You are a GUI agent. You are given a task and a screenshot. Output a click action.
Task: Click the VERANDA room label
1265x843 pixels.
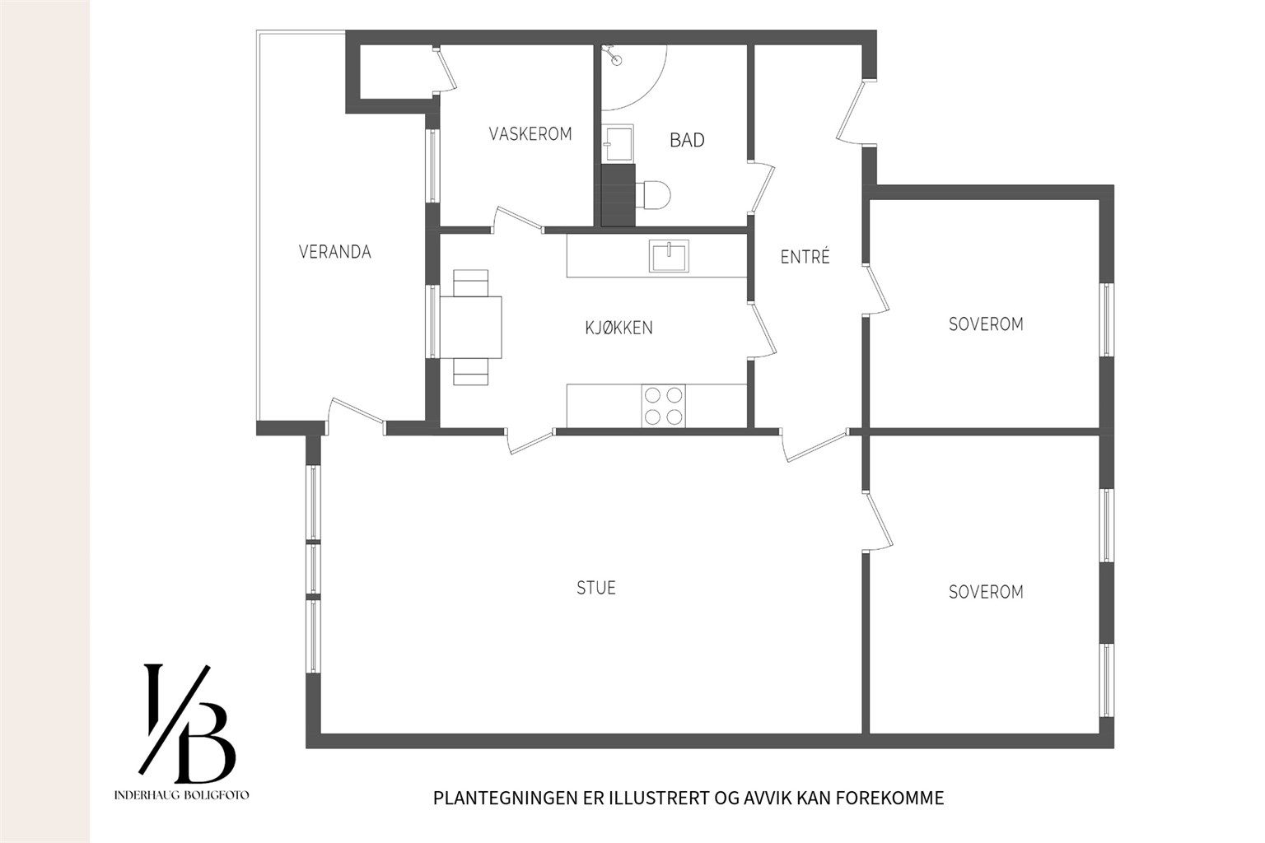335,252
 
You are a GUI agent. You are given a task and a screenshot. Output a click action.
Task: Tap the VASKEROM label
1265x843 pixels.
530,134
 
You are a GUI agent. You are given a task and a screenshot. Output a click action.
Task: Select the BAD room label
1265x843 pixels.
687,140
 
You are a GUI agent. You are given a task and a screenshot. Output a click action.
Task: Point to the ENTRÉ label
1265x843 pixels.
805,257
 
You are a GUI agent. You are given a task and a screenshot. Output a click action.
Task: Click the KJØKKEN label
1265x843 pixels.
619,328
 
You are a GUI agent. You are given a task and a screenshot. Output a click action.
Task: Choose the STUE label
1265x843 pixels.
595,588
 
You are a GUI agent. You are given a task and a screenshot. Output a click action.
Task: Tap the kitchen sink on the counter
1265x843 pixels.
669,256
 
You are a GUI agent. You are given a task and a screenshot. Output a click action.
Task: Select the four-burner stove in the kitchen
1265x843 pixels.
664,406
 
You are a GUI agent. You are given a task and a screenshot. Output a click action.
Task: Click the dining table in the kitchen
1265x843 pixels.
471,328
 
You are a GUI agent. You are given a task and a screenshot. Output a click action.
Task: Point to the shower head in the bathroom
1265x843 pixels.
613,56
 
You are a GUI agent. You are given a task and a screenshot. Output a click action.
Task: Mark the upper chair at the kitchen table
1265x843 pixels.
470,283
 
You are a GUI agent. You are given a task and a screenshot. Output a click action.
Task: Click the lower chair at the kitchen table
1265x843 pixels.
470,372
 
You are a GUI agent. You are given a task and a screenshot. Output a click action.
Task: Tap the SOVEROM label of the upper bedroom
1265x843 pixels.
986,324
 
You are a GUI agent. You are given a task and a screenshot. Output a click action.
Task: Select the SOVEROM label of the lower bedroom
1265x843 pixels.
986,592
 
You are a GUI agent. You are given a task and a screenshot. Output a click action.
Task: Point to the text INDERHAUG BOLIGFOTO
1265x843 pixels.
181,795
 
